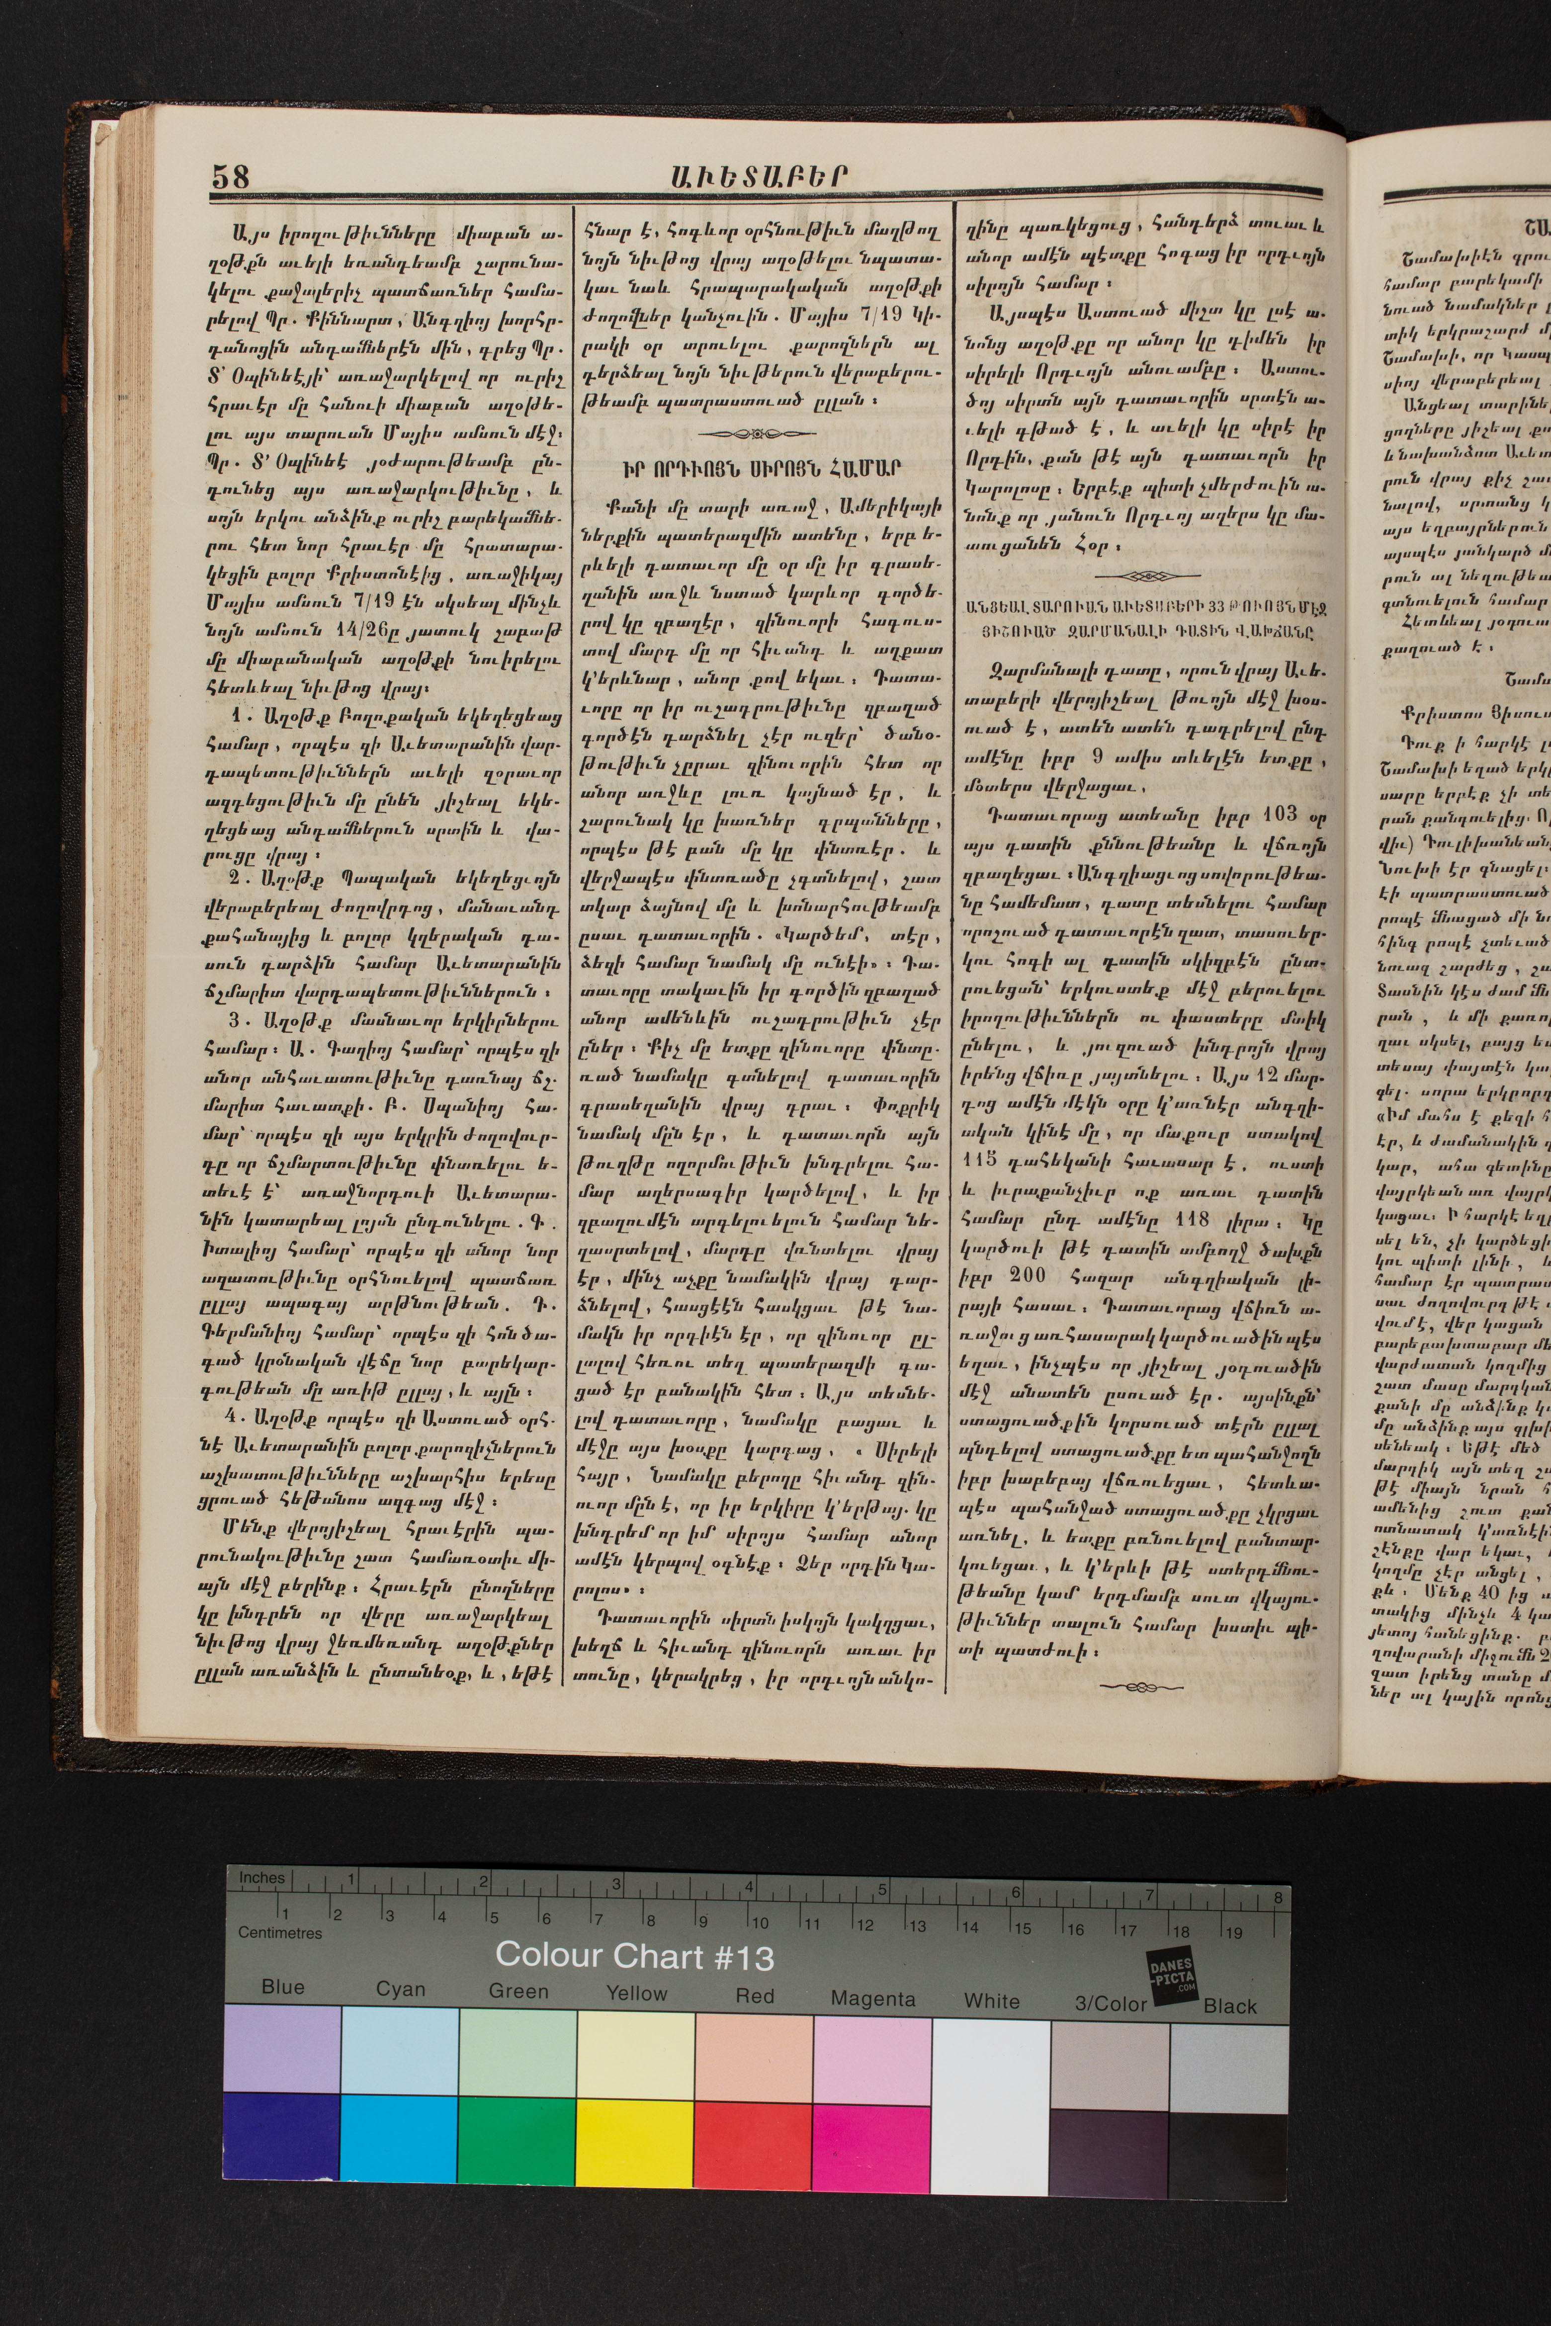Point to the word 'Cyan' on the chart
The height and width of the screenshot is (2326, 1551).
400,1989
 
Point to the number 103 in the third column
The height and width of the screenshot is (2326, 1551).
1279,814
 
